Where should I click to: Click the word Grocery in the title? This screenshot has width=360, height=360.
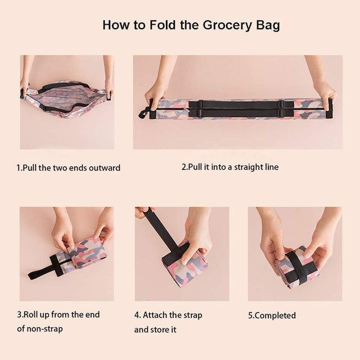pyautogui.click(x=227, y=25)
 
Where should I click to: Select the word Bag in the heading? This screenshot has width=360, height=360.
pyautogui.click(x=268, y=25)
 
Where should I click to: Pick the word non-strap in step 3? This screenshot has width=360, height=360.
pyautogui.click(x=45, y=328)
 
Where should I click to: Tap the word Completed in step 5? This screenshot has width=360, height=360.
pyautogui.click(x=275, y=316)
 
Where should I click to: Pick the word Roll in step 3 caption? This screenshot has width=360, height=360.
pyautogui.click(x=31, y=314)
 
